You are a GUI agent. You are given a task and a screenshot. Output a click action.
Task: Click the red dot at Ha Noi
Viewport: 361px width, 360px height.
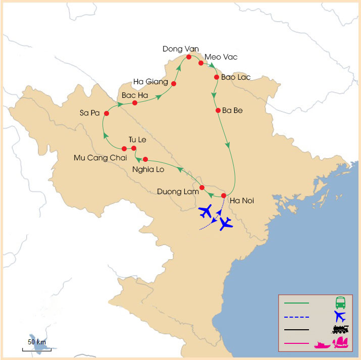pos(224,196)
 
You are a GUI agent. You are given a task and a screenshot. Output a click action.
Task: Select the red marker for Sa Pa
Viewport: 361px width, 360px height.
pos(106,113)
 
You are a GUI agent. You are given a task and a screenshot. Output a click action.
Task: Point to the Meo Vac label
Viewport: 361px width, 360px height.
pos(221,57)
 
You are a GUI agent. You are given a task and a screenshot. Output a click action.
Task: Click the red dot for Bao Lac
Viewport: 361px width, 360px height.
pos(217,78)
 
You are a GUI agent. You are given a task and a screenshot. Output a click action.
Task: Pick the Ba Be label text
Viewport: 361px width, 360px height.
pos(232,110)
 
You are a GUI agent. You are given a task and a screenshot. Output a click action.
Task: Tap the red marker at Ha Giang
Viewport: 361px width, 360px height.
pos(174,84)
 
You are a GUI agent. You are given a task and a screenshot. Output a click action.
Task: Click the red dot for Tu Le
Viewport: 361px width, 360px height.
pos(134,148)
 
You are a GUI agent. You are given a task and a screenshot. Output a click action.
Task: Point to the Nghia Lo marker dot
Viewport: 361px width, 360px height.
pos(145,159)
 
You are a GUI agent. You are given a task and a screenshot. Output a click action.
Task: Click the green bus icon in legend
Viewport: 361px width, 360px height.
pos(341,303)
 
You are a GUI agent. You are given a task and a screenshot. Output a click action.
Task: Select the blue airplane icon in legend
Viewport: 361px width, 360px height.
pos(340,317)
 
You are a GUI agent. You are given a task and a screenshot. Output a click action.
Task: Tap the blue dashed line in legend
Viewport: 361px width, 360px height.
pos(296,317)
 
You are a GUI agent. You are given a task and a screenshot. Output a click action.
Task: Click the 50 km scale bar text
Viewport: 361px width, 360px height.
pos(37,342)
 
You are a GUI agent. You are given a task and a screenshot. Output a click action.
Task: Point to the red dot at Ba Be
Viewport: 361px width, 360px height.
pos(218,110)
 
